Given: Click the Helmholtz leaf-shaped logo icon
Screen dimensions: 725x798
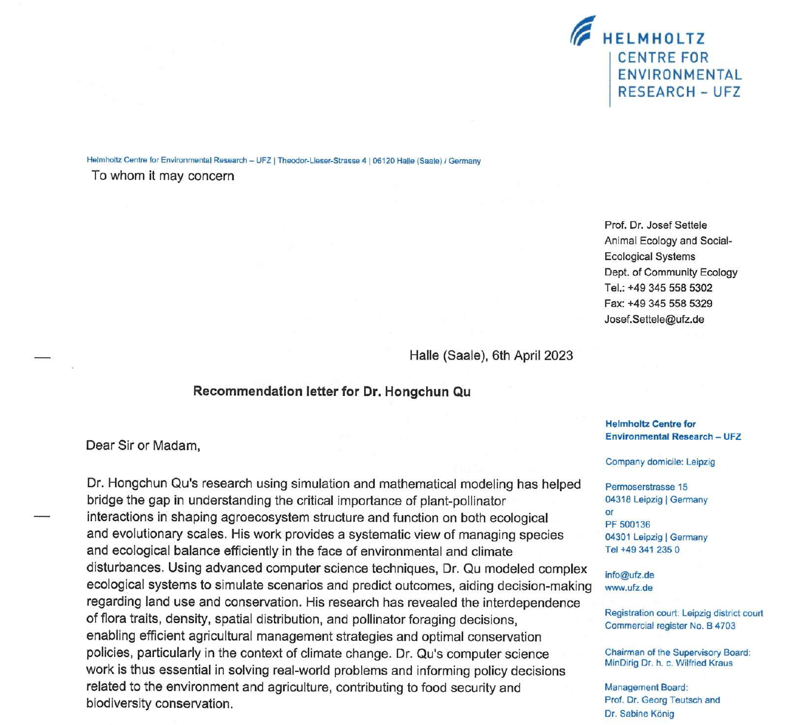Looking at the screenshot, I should [x=583, y=30].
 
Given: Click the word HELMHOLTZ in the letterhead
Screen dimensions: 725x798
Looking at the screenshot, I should [x=654, y=39].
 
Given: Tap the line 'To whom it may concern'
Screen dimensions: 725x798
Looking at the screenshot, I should [x=162, y=176].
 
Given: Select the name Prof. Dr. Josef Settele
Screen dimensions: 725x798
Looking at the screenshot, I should [x=655, y=225].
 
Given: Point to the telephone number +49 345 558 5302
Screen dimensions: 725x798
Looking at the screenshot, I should [x=670, y=288].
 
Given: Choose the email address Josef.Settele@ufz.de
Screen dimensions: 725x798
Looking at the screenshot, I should [x=654, y=320].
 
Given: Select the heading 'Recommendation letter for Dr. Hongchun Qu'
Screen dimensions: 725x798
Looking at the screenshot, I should [x=332, y=392].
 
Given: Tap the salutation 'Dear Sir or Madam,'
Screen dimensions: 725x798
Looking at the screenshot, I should [x=143, y=445].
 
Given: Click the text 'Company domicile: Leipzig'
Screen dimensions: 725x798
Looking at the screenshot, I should [x=660, y=462].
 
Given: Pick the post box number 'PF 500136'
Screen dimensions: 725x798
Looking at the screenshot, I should [x=627, y=525].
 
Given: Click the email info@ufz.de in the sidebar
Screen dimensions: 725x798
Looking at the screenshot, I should [x=629, y=575].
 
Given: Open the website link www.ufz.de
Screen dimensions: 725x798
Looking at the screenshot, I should [x=628, y=588].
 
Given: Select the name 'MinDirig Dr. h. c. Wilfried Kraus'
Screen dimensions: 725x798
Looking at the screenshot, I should [x=668, y=663].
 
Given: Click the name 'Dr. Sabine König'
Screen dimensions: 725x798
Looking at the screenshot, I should [x=639, y=714].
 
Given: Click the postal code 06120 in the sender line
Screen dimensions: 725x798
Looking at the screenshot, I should [x=381, y=161].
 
